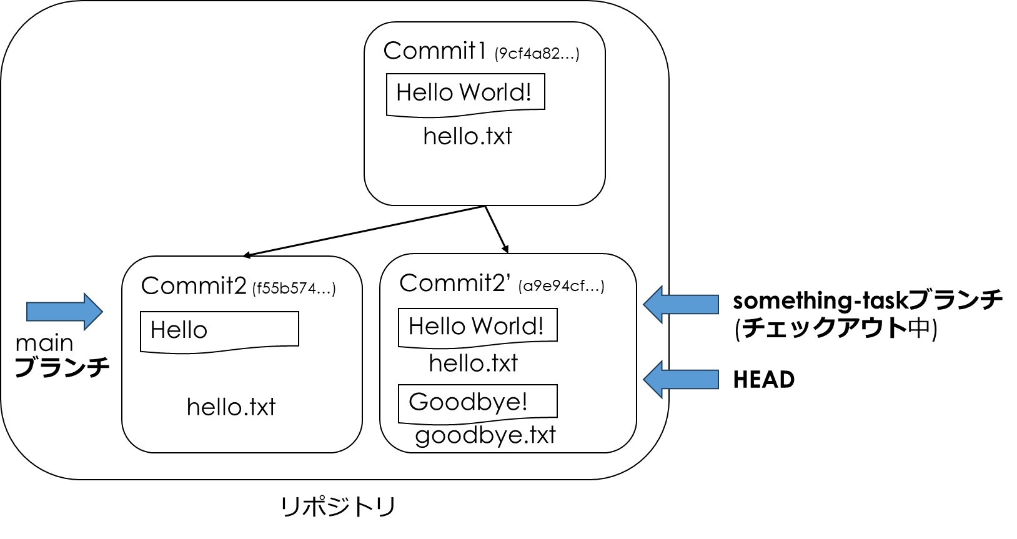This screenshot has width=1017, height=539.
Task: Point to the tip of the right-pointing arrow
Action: pyautogui.click(x=101, y=311)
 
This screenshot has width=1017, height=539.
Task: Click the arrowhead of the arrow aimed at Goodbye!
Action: pyautogui.click(x=653, y=379)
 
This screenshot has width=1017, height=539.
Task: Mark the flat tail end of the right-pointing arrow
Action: pyautogui.click(x=28, y=311)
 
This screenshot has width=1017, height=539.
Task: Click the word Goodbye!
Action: pyautogui.click(x=468, y=402)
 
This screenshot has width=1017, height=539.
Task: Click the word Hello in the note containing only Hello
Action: pyautogui.click(x=179, y=330)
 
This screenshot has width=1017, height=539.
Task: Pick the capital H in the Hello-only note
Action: pyautogui.click(x=157, y=330)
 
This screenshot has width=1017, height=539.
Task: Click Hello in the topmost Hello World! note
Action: pyautogui.click(x=424, y=92)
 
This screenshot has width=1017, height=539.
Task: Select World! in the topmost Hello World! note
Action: pyautogui.click(x=495, y=92)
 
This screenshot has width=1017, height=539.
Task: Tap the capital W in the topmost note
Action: pyautogui.click(x=470, y=92)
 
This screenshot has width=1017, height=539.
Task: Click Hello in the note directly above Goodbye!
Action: pyautogui.click(x=437, y=326)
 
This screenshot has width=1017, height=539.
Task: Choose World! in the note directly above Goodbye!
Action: pyautogui.click(x=507, y=326)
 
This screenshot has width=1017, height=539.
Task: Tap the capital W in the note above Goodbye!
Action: pyautogui.click(x=482, y=326)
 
